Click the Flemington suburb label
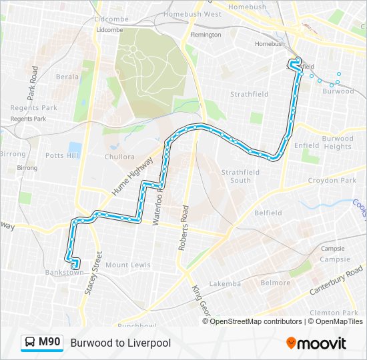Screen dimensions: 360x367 206,35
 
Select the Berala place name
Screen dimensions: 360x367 67,77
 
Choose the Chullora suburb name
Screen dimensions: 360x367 119,158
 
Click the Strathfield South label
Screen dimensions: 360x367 236,176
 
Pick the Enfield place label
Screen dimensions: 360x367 307,145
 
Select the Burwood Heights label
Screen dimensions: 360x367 338,143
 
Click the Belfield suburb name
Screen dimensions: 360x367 268,213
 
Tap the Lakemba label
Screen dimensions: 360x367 225,283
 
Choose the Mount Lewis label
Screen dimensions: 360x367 127,265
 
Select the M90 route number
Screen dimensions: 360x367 49,343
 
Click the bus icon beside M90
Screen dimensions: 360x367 30,343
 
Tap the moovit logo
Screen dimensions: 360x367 316,343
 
